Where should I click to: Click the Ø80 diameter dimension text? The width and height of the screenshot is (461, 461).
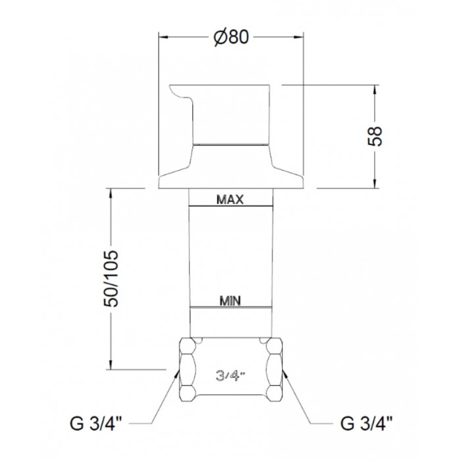click(231, 37)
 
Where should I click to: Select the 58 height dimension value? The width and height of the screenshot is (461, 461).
click(375, 136)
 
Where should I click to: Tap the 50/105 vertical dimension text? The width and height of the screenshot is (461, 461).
click(111, 279)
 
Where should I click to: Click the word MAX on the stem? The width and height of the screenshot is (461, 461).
click(230, 200)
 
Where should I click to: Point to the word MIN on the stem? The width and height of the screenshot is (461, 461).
click(230, 301)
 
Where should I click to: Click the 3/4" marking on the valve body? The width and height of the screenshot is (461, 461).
click(230, 376)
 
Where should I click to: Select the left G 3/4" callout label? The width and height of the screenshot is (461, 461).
click(96, 423)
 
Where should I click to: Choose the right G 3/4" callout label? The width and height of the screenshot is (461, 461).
click(366, 423)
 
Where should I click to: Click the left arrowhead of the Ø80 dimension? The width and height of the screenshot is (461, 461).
click(163, 38)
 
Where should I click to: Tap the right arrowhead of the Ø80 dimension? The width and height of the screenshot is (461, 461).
click(299, 38)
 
